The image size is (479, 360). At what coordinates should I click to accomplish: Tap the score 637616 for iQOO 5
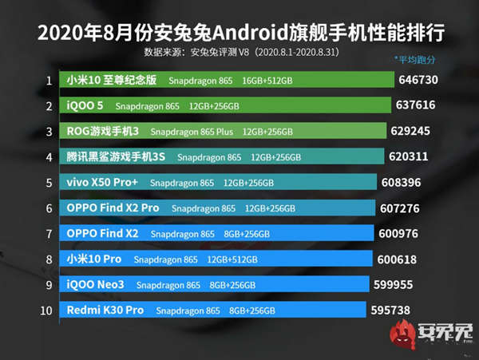point(420,105)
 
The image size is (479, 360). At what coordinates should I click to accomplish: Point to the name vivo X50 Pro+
point(102,182)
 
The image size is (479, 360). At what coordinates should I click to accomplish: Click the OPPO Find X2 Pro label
point(113,208)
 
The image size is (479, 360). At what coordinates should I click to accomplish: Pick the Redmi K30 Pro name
point(105,310)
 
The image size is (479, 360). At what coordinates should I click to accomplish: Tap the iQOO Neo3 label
point(96,284)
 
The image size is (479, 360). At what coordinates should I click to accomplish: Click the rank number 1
point(49,81)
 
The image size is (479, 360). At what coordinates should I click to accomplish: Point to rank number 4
point(49,157)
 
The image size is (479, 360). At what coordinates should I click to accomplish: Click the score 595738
point(395,310)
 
